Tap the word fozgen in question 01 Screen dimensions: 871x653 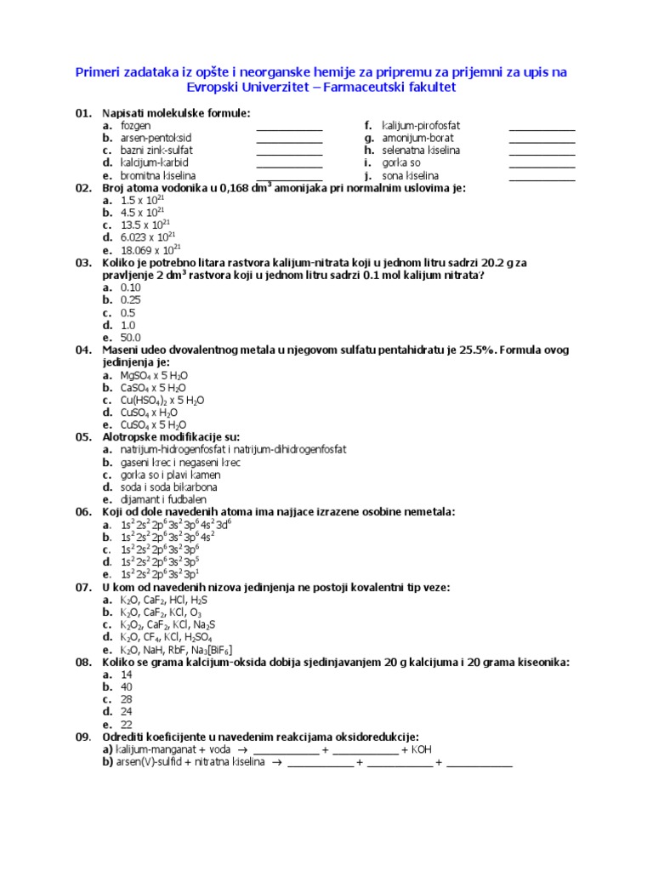click(x=135, y=125)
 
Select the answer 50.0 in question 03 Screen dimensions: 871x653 click(x=131, y=337)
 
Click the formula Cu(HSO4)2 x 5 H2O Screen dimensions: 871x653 click(x=162, y=400)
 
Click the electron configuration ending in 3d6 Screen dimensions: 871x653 click(x=176, y=524)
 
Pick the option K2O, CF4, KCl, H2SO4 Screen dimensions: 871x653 click(x=167, y=636)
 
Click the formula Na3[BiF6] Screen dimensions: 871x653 click(x=208, y=649)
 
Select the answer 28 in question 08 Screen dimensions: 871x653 click(x=127, y=698)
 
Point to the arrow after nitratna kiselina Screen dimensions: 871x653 click(x=276, y=762)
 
